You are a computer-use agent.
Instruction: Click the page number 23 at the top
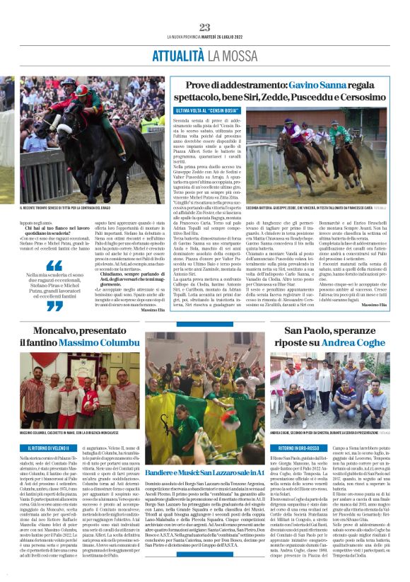205,28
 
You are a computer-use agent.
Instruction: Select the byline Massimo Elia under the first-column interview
152,310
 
